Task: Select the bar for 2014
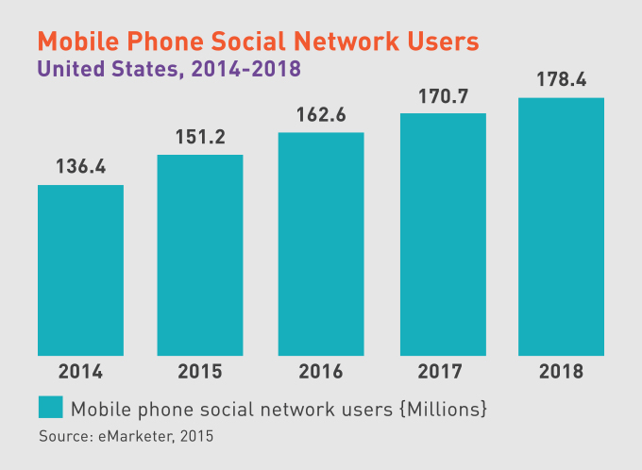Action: (80, 270)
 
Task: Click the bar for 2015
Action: (200, 255)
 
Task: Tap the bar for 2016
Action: (321, 243)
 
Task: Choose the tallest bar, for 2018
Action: (562, 227)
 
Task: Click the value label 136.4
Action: (80, 167)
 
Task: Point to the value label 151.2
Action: (200, 137)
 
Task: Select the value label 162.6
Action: (321, 115)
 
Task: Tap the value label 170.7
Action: (443, 95)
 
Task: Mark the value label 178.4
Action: (562, 78)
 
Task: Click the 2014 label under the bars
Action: (80, 371)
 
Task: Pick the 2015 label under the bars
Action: (200, 371)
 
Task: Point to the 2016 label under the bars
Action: (321, 371)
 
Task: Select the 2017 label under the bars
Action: (443, 371)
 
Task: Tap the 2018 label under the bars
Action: (562, 371)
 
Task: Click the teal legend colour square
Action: (50, 407)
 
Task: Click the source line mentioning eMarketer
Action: (126, 436)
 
